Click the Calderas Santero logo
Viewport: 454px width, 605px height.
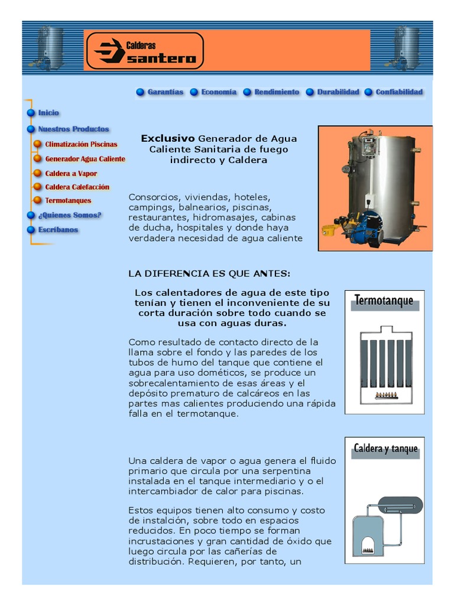[x=144, y=50]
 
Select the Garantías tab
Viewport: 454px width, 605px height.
[x=165, y=92]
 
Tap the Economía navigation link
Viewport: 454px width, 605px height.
[x=218, y=92]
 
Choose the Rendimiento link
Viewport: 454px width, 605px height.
[x=276, y=92]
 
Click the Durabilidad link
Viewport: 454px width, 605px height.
[x=338, y=92]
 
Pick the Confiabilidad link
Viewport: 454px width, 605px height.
[x=398, y=92]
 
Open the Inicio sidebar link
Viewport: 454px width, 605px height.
[x=48, y=113]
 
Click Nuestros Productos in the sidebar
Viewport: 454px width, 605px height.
[x=73, y=129]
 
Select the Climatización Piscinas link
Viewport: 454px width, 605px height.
[x=81, y=144]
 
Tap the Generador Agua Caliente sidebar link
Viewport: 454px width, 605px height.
[x=85, y=159]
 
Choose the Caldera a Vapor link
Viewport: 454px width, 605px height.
[x=71, y=174]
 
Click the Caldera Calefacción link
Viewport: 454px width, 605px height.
[x=77, y=187]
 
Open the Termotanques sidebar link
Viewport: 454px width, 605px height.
[x=68, y=201]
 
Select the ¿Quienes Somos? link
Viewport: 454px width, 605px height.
[x=69, y=215]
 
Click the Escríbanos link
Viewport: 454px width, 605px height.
[x=58, y=230]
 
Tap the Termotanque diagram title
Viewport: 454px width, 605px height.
[x=384, y=301]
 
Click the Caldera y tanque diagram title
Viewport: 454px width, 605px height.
[x=385, y=448]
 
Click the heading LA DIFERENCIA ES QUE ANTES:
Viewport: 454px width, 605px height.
[x=209, y=274]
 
